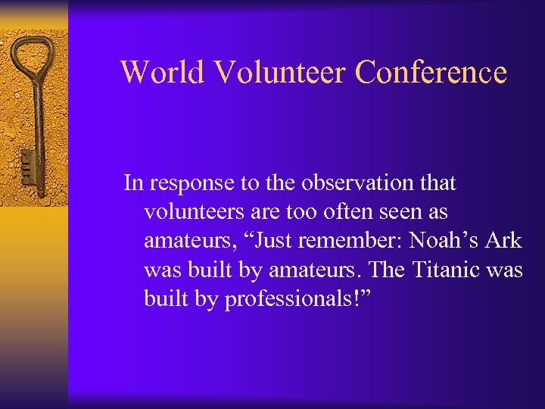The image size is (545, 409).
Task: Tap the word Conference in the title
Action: [x=432, y=73]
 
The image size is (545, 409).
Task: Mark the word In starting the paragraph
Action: [x=133, y=184]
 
